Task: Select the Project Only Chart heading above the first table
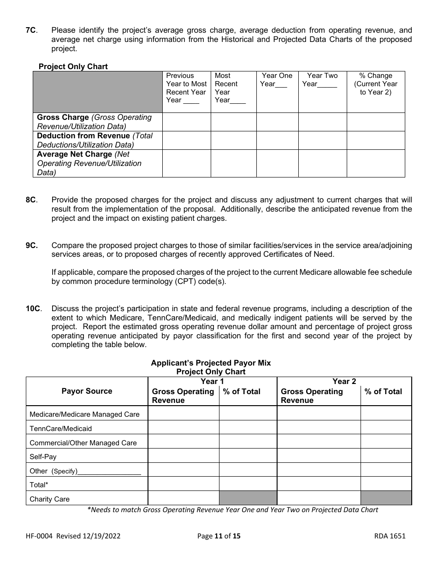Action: [73, 66]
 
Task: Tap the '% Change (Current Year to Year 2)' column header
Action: [375, 84]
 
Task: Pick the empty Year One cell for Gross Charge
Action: [277, 122]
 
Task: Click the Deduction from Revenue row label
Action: [83, 136]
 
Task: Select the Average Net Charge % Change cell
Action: [375, 164]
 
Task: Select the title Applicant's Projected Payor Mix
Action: [211, 363]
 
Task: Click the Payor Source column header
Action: [87, 391]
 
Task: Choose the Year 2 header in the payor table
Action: [344, 381]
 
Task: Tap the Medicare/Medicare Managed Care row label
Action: [84, 414]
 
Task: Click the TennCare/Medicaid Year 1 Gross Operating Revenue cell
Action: [183, 428]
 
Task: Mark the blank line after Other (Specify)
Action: [110, 471]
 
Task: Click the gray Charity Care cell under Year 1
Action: [248, 498]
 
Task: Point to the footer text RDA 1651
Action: [390, 536]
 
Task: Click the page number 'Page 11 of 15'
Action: [219, 536]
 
